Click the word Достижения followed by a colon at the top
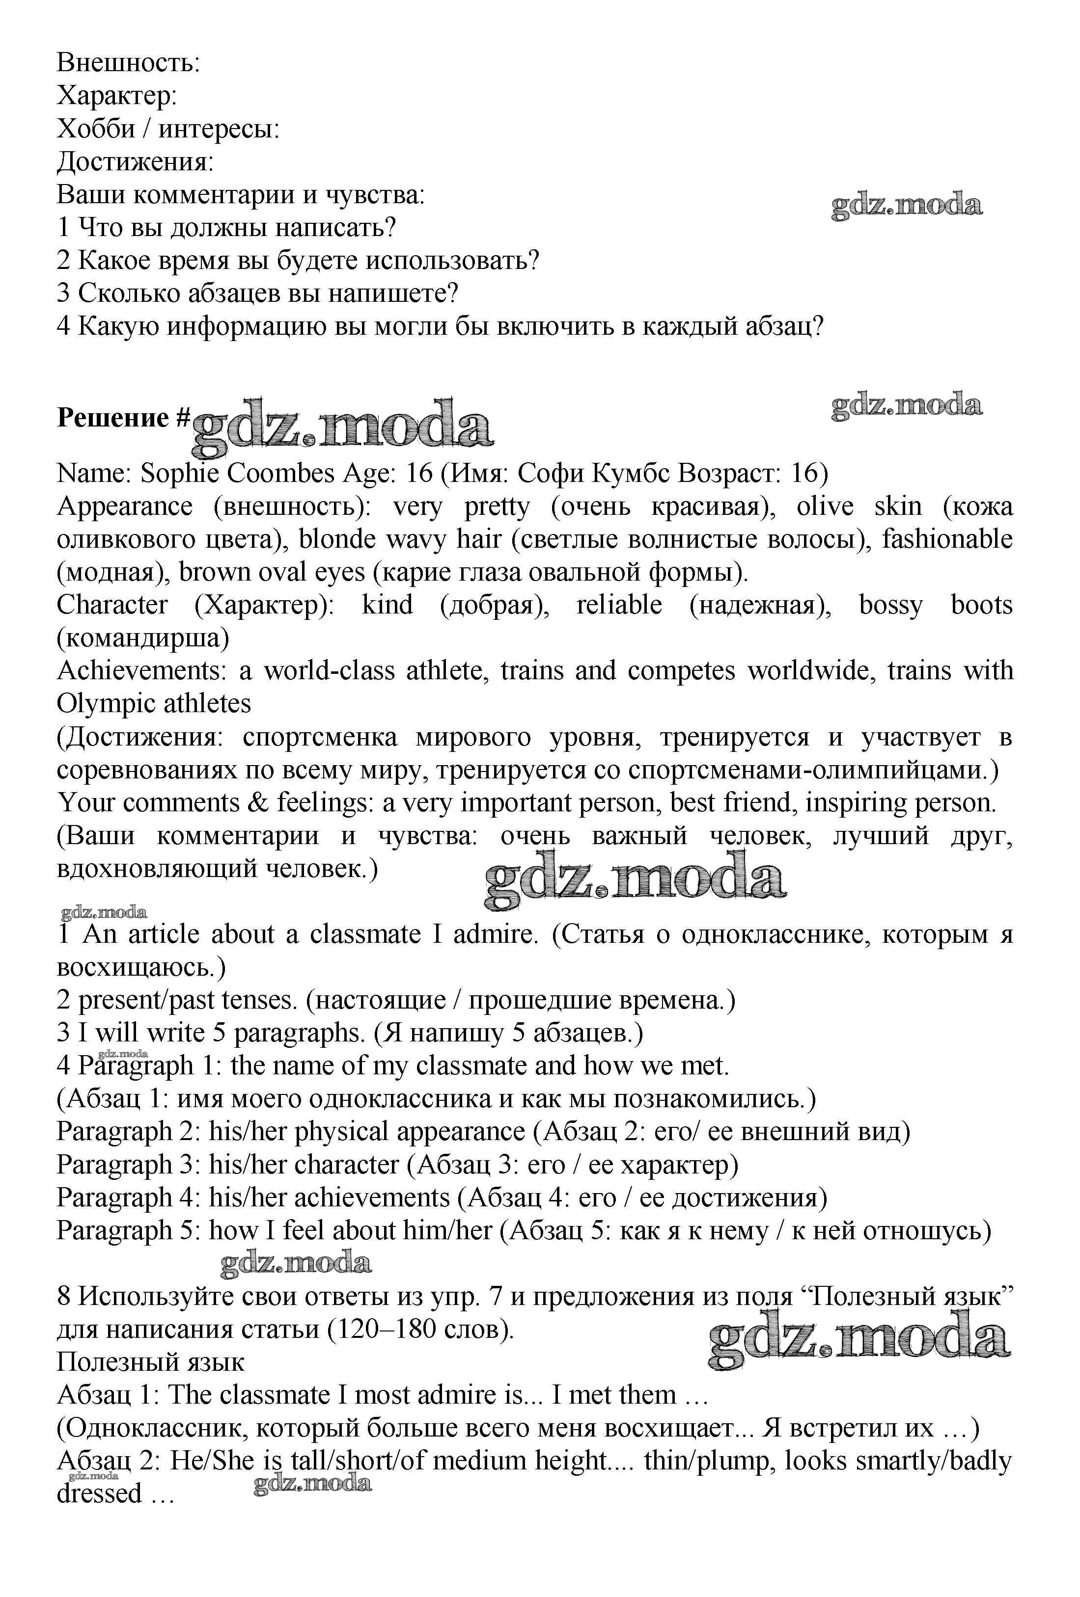coord(135,162)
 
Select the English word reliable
coord(619,606)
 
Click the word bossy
coord(890,606)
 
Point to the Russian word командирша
coord(142,639)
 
